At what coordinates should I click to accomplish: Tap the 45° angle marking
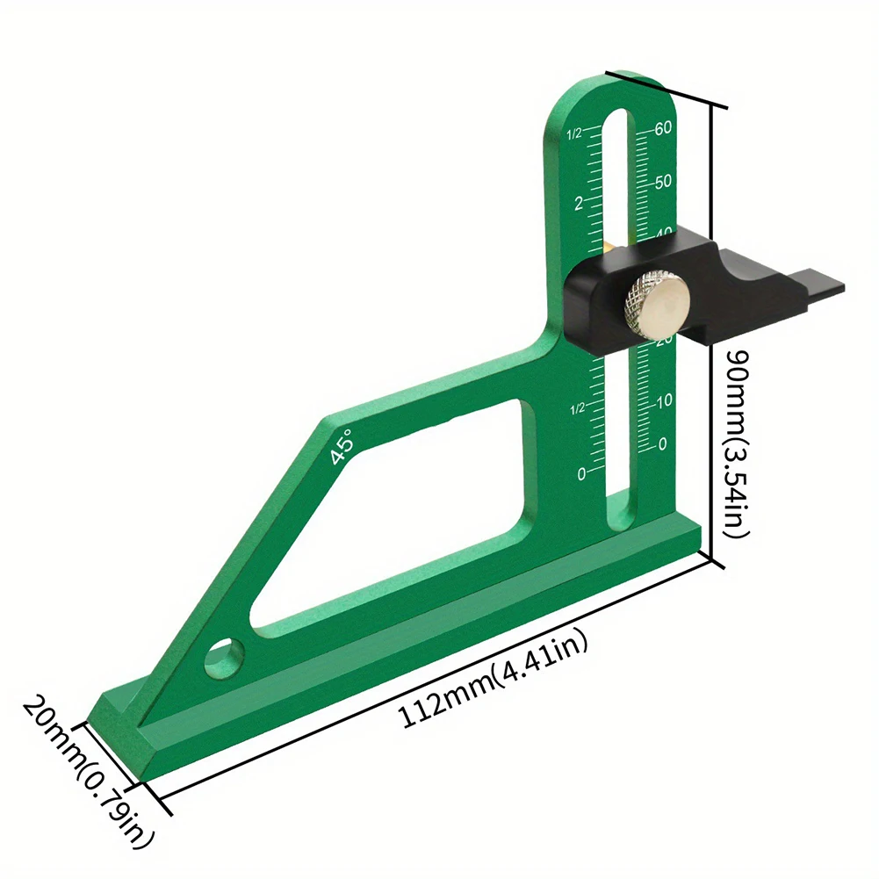pos(342,447)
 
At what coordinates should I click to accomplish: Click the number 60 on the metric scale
pos(663,128)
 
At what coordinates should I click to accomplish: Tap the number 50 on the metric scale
pos(663,182)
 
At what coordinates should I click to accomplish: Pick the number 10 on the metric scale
pos(664,400)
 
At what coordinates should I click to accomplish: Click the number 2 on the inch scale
pos(579,203)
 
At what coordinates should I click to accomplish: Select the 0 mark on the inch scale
pos(581,474)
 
